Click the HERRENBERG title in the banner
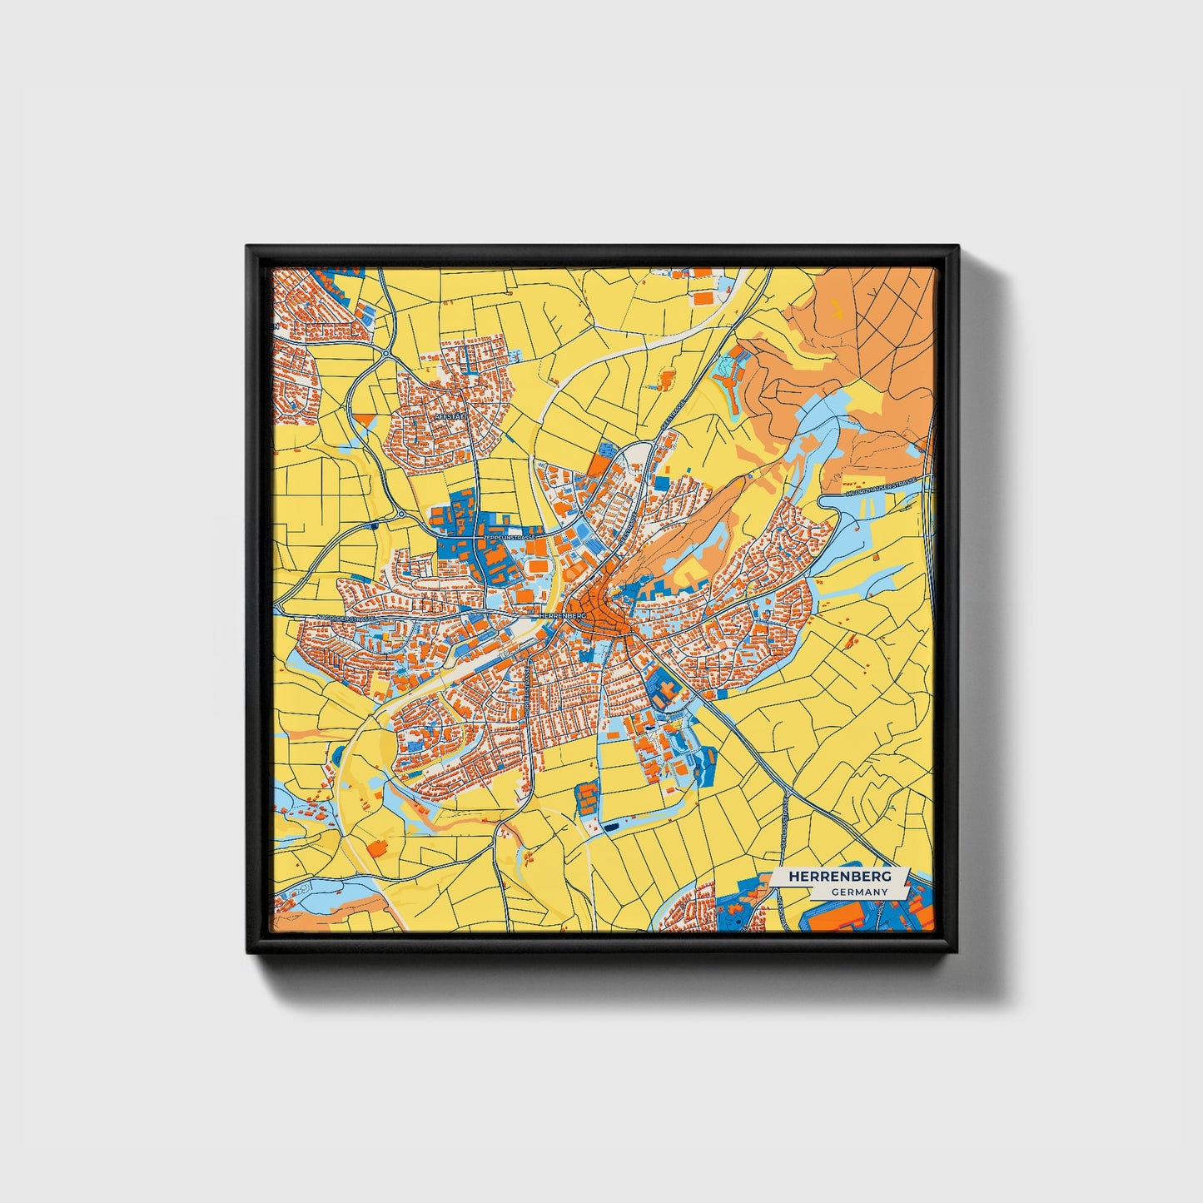[x=839, y=877]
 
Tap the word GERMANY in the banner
[x=858, y=892]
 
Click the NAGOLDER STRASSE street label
[x=343, y=619]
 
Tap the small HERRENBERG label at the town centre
[x=564, y=614]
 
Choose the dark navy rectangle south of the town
[x=612, y=827]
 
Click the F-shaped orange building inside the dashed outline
[x=667, y=380]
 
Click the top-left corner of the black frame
[x=249, y=248]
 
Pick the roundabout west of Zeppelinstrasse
[x=401, y=514]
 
